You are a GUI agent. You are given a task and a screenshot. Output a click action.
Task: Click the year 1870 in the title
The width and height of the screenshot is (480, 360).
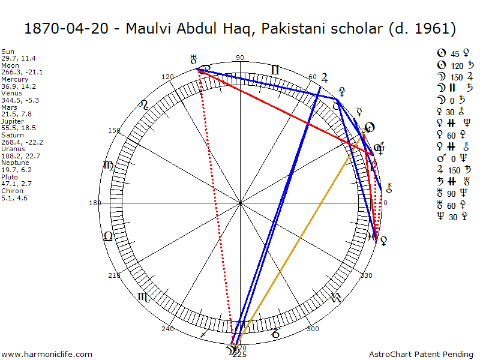[37, 28]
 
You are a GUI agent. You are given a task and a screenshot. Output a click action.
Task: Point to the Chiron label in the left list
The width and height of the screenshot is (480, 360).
[10, 191]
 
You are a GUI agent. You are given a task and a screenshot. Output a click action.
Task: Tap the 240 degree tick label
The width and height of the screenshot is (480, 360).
[167, 329]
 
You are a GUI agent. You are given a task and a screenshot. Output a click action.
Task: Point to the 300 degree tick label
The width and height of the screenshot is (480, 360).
[313, 329]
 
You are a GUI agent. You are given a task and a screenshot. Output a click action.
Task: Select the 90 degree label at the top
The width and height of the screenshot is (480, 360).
[240, 58]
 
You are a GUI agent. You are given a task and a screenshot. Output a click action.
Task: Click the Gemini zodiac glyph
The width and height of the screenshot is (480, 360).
[275, 70]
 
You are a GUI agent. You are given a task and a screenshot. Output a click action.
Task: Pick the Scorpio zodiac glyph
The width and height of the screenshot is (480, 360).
[144, 296]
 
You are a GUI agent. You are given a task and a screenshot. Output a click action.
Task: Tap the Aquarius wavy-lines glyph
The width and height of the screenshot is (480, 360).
[337, 296]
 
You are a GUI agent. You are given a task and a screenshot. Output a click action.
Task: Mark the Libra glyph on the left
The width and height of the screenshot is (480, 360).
[108, 236]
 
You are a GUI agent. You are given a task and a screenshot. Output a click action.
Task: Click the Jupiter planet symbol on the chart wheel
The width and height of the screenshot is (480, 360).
[325, 77]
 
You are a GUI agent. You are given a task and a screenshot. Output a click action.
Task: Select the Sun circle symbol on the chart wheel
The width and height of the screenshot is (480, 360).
[370, 127]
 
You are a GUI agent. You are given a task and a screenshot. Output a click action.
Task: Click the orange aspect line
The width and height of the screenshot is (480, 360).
[300, 240]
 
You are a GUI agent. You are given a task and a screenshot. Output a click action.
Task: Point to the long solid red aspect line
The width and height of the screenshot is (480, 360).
[282, 111]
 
